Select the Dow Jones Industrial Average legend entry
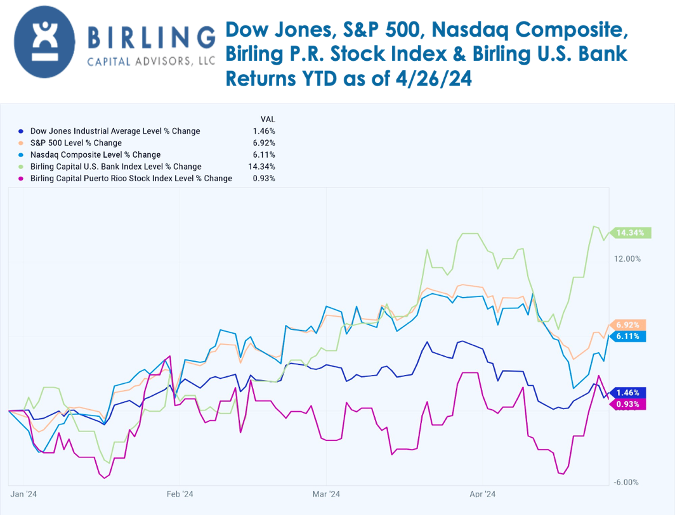click(115, 131)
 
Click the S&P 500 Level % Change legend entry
click(75, 143)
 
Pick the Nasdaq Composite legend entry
click(95, 155)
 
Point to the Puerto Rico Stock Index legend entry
click(131, 179)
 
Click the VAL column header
click(268, 119)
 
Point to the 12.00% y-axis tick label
click(627, 258)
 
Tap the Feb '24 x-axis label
click(180, 493)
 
